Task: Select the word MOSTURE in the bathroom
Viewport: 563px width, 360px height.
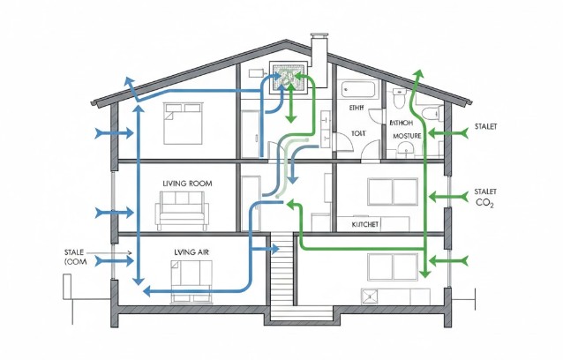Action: tap(407, 137)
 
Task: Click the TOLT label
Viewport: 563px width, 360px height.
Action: tap(357, 132)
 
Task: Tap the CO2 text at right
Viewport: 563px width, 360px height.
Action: tap(484, 204)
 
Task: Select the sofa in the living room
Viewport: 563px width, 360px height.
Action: tap(182, 214)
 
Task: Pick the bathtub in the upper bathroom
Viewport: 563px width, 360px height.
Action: tap(359, 90)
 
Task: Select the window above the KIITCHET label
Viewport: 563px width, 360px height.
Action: tap(386, 193)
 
